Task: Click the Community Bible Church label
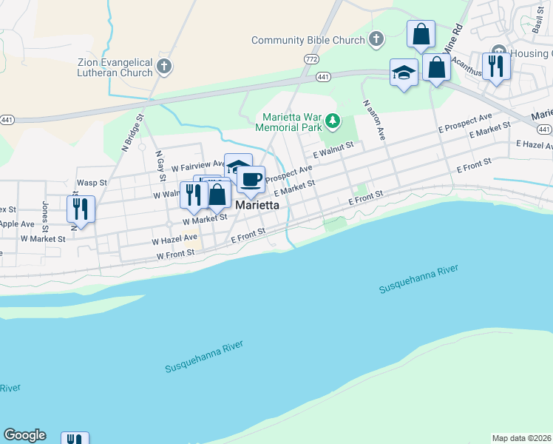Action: pos(308,40)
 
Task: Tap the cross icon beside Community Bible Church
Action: pos(376,38)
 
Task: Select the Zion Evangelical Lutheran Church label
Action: pos(115,67)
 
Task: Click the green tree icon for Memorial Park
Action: pos(333,119)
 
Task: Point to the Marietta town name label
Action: pos(257,206)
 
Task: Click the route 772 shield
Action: pos(311,58)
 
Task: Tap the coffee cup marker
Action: pos(251,179)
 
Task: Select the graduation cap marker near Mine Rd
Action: pos(404,72)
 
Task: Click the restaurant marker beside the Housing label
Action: pos(496,65)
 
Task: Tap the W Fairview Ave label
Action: pos(198,165)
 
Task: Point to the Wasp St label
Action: pos(92,182)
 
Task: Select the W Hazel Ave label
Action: pos(174,239)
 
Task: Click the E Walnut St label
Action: pos(333,150)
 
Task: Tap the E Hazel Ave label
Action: pos(534,144)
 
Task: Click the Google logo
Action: pos(24,435)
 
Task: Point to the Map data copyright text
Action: pos(522,438)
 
